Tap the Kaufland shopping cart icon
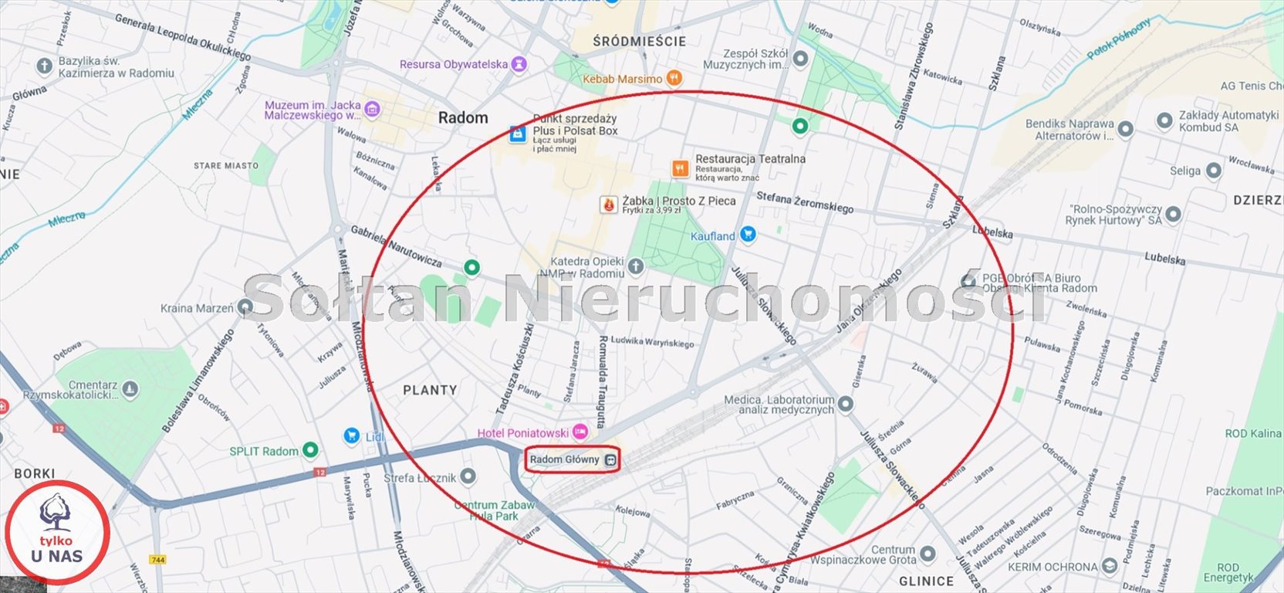click(747, 234)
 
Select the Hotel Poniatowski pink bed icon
click(579, 432)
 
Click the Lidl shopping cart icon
click(352, 436)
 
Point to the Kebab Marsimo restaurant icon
click(674, 78)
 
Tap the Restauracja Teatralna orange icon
click(680, 168)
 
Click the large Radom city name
click(463, 118)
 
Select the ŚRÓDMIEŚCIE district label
click(639, 42)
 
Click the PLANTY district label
click(430, 391)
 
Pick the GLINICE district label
click(926, 581)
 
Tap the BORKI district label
click(34, 473)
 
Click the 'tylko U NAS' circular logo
click(57, 532)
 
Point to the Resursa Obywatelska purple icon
click(519, 64)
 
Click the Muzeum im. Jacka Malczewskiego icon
click(372, 110)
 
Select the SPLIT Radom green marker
click(310, 450)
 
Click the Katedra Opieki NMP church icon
click(635, 267)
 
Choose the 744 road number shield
click(158, 560)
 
